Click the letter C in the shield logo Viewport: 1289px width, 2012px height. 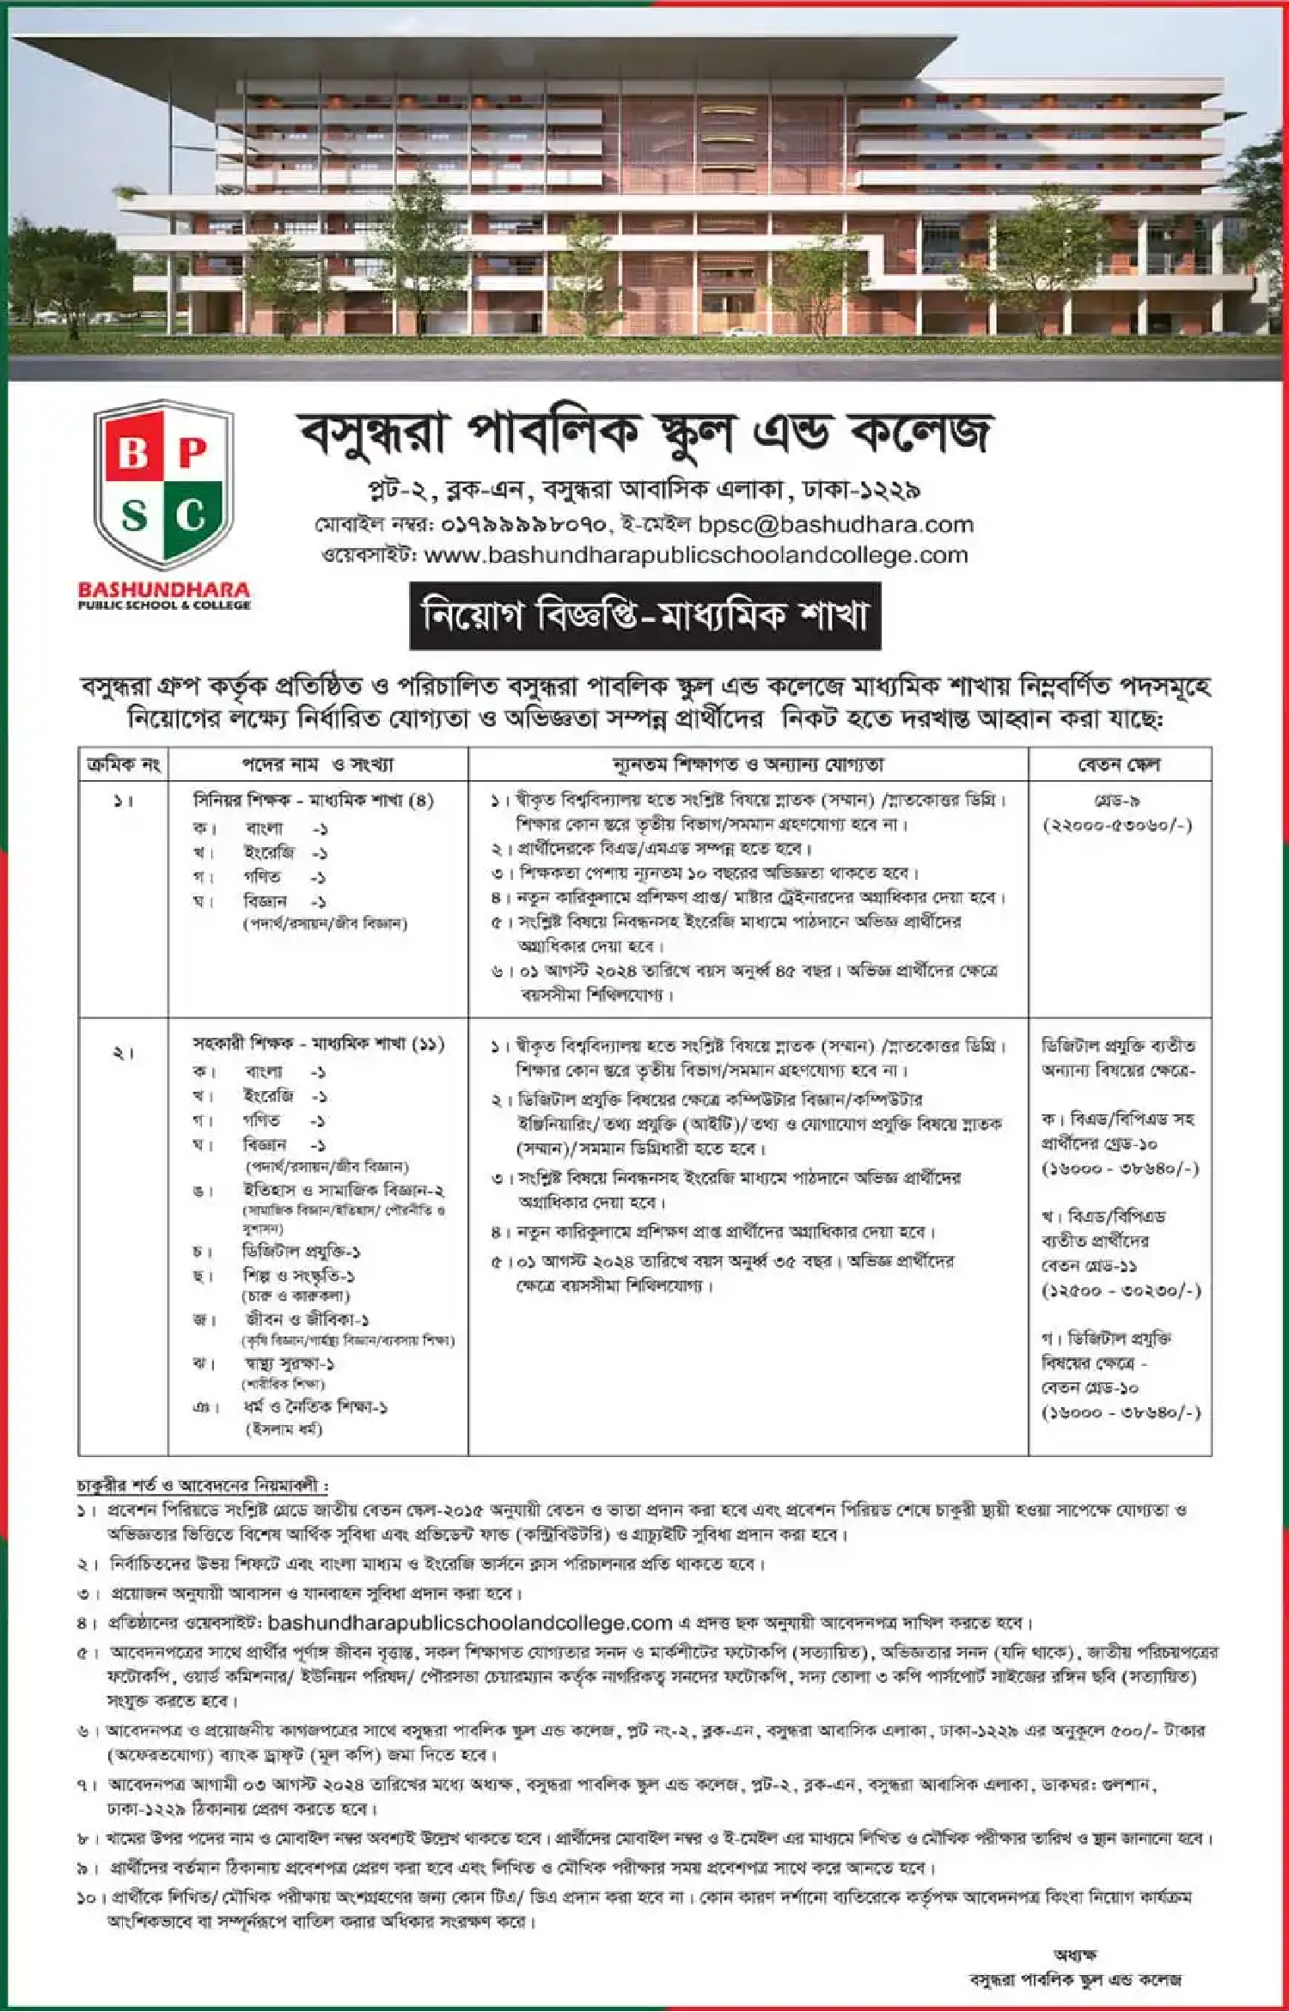tap(191, 515)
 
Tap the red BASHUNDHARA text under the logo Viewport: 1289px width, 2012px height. tap(163, 590)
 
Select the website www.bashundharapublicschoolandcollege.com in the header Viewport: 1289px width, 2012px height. tap(696, 555)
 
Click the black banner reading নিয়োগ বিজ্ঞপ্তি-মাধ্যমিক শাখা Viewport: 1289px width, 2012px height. tap(644, 616)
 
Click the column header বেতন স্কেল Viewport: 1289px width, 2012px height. tap(1119, 765)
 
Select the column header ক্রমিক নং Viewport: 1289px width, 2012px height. tap(124, 765)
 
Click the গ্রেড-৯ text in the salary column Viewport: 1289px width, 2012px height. tap(1117, 801)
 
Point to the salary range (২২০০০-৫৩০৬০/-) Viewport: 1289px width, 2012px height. tap(1117, 826)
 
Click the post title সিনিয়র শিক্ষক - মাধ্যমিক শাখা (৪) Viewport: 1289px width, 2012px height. tap(314, 801)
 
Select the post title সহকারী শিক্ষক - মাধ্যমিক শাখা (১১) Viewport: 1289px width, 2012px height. tap(318, 1044)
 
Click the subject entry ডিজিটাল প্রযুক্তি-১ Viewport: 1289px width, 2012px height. tap(301, 1251)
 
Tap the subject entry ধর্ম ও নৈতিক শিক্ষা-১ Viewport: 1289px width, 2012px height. tap(315, 1407)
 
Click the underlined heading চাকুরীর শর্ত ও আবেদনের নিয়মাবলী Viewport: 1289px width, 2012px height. tap(202, 1485)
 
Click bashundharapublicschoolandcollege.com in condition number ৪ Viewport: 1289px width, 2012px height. tap(469, 1623)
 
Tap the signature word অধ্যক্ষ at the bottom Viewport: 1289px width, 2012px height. tap(1074, 1955)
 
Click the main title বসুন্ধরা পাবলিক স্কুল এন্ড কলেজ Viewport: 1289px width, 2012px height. tap(644, 434)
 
